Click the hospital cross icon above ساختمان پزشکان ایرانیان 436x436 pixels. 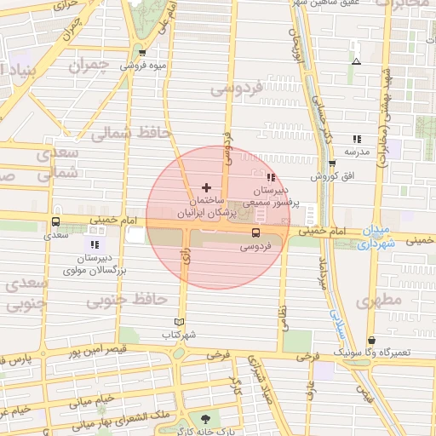click(206, 186)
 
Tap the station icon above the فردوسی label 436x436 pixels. click(255, 232)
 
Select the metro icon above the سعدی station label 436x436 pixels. click(55, 223)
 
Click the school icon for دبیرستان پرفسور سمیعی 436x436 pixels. click(271, 177)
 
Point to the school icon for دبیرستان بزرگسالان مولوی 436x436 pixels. click(95, 244)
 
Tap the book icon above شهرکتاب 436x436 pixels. click(178, 321)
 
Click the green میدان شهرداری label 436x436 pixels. click(376, 238)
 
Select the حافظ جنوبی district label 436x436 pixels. click(137, 299)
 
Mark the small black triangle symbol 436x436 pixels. click(356, 61)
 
